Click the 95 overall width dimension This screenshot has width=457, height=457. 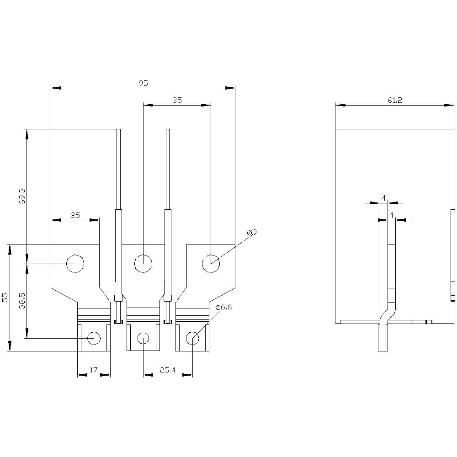pyautogui.click(x=143, y=83)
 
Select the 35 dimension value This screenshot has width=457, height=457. pyautogui.click(x=177, y=101)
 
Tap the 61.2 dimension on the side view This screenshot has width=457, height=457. pyautogui.click(x=394, y=101)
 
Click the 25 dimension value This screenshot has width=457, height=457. pyautogui.click(x=75, y=215)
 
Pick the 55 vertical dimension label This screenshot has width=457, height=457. pyautogui.click(x=5, y=298)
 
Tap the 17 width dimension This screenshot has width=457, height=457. pyautogui.click(x=93, y=370)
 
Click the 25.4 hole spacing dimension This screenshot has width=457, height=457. pyautogui.click(x=168, y=370)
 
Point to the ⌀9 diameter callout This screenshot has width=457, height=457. pyautogui.click(x=252, y=233)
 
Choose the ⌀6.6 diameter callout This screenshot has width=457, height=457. pyautogui.click(x=223, y=307)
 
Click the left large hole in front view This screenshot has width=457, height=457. pyautogui.click(x=75, y=263)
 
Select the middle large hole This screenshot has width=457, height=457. pyautogui.click(x=143, y=263)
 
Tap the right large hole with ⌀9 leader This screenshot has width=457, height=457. pyautogui.click(x=211, y=263)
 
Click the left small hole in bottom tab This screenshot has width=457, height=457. pyautogui.click(x=94, y=338)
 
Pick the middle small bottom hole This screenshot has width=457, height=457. pyautogui.click(x=143, y=338)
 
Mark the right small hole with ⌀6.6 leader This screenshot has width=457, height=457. pyautogui.click(x=192, y=338)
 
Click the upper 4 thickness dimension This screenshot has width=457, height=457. pyautogui.click(x=384, y=198)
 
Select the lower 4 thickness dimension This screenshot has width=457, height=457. pyautogui.click(x=392, y=215)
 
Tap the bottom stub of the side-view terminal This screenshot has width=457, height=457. pyautogui.click(x=383, y=338)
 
